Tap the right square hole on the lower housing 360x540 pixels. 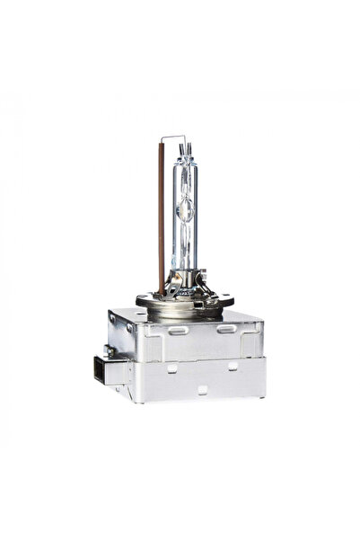(x=231, y=366)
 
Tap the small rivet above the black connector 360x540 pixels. (x=111, y=351)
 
